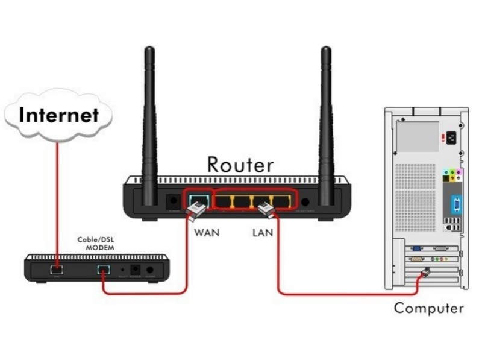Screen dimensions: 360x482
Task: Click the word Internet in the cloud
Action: click(58, 115)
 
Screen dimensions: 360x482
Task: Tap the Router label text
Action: click(240, 164)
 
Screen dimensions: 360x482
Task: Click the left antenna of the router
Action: click(149, 121)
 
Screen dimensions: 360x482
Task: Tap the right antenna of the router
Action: click(326, 121)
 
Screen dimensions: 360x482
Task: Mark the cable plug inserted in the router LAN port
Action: click(266, 210)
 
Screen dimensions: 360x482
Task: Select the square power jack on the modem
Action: click(136, 270)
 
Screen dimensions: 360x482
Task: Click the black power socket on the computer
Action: click(447, 139)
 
